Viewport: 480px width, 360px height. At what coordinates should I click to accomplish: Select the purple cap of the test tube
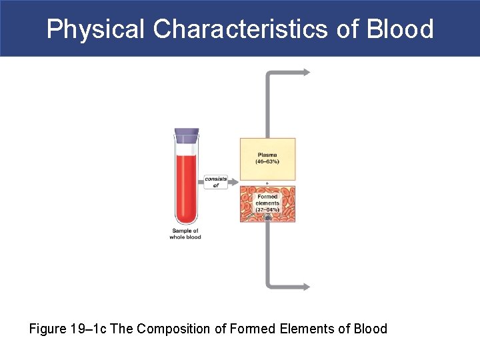pyautogui.click(x=186, y=135)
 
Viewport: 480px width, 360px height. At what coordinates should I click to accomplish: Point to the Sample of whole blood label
pyautogui.click(x=186, y=234)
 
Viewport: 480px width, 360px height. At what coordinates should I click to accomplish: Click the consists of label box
pyautogui.click(x=215, y=182)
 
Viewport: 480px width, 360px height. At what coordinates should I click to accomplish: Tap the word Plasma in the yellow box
pyautogui.click(x=267, y=155)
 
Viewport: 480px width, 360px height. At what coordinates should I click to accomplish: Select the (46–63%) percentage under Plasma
pyautogui.click(x=267, y=162)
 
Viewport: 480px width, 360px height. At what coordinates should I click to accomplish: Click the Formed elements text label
pyautogui.click(x=267, y=200)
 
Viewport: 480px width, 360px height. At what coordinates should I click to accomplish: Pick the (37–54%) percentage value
pyautogui.click(x=267, y=210)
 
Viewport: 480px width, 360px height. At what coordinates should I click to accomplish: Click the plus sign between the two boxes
pyautogui.click(x=267, y=183)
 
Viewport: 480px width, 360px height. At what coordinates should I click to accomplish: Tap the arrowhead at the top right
pyautogui.click(x=306, y=72)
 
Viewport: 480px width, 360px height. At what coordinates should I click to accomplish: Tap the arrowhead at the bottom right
pyautogui.click(x=306, y=287)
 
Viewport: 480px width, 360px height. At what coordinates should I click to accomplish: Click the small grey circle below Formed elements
pyautogui.click(x=267, y=219)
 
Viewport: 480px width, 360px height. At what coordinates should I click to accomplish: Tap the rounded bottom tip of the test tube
pyautogui.click(x=186, y=223)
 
